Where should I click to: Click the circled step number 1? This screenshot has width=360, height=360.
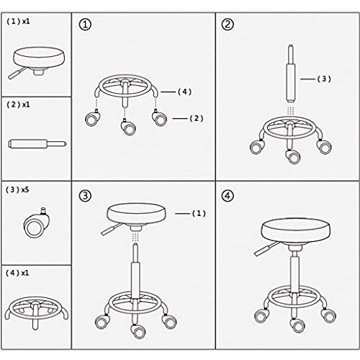point(85,24)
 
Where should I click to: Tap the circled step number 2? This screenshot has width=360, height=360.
point(228,24)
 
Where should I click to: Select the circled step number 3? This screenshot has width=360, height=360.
point(85,196)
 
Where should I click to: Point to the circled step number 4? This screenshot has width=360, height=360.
point(228,196)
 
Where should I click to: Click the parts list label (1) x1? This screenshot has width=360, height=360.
point(18,22)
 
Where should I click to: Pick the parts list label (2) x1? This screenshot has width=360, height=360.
point(18,104)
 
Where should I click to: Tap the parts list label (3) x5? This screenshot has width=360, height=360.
point(17,190)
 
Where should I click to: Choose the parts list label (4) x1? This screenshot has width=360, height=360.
point(17,273)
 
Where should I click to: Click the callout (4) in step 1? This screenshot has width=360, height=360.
point(184,91)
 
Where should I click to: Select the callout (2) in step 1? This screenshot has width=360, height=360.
point(197,118)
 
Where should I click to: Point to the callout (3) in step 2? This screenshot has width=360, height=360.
point(324,79)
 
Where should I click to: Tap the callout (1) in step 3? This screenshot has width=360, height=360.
point(199,213)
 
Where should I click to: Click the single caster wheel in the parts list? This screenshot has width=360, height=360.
point(37,224)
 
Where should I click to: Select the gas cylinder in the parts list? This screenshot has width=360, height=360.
point(37,144)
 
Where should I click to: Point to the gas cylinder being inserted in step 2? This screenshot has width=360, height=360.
point(291,73)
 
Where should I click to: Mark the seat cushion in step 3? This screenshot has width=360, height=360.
point(136,214)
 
